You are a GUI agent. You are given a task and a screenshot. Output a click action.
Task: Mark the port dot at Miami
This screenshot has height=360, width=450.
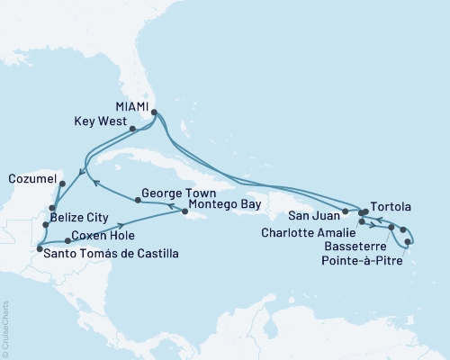(155, 113)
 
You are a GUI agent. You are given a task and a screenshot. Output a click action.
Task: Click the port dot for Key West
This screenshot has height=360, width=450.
(132, 129)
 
